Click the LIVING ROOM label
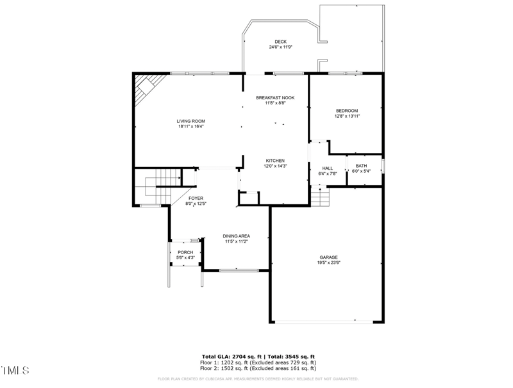(191, 121)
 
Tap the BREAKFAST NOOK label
(275, 97)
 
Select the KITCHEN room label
(275, 161)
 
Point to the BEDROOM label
(347, 111)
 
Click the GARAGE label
(328, 257)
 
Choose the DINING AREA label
(237, 236)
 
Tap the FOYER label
(196, 198)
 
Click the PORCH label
(185, 252)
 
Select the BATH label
(362, 166)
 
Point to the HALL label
(328, 168)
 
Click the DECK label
(281, 42)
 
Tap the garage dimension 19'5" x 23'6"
(328, 263)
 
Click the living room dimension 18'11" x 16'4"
(191, 126)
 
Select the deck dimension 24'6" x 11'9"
(281, 47)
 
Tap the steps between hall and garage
(320, 195)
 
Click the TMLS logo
(15, 371)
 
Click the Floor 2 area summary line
(258, 368)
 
